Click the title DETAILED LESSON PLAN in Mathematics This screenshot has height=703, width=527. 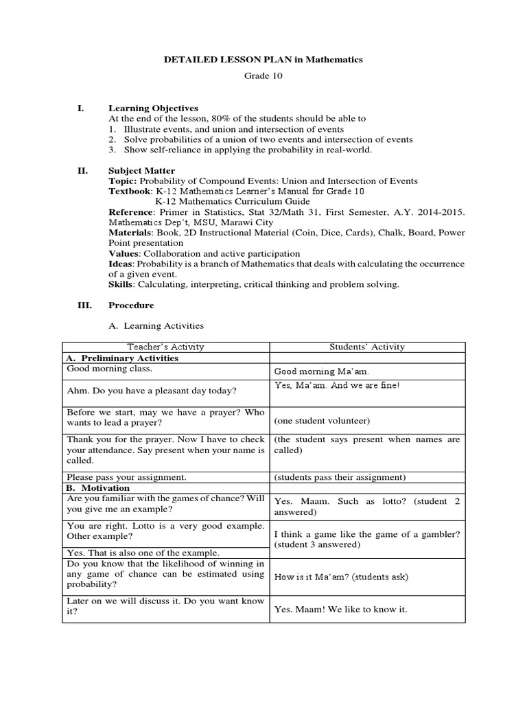tap(263, 60)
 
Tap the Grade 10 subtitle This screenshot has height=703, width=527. tap(263, 76)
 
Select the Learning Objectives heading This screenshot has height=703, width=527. tap(153, 108)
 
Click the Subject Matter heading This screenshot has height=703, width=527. tap(141, 171)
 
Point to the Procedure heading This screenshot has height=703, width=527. tap(131, 306)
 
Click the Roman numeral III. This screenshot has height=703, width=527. tap(84, 306)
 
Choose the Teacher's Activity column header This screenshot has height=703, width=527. tap(165, 347)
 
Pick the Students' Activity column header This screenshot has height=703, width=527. tap(367, 347)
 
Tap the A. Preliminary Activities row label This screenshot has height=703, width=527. tap(121, 358)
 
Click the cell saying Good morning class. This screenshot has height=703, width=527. tap(109, 369)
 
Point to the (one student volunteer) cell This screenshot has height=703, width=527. tap(322, 421)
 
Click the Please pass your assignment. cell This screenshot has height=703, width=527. tap(126, 477)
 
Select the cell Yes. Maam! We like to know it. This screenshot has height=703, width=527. tap(340, 609)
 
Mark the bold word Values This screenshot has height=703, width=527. tap(124, 254)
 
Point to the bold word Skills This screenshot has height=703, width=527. tap(121, 285)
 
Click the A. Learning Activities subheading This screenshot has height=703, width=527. tap(156, 326)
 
